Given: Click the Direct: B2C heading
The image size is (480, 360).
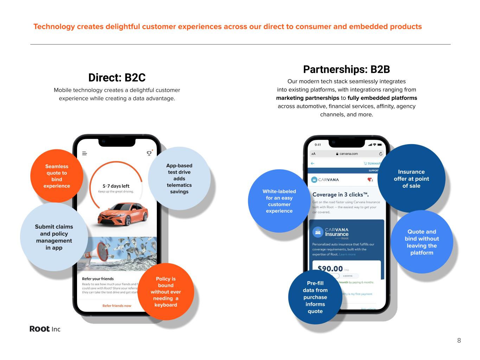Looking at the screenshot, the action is pyautogui.click(x=117, y=78).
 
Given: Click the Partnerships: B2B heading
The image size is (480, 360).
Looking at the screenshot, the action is pyautogui.click(x=346, y=69).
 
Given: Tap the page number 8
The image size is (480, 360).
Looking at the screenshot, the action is pyautogui.click(x=459, y=340).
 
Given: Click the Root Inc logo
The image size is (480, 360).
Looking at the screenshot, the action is pyautogui.click(x=45, y=329).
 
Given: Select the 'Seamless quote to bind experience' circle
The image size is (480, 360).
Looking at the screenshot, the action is pyautogui.click(x=57, y=176).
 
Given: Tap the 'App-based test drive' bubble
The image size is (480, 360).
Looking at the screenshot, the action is pyautogui.click(x=179, y=179).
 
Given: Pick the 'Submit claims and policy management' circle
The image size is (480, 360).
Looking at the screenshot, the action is pyautogui.click(x=54, y=237).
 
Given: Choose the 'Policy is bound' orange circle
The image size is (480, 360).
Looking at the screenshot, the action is pyautogui.click(x=166, y=291).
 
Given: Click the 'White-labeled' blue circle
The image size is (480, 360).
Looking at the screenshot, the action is pyautogui.click(x=279, y=201).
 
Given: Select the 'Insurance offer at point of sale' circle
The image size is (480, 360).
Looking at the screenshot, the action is pyautogui.click(x=411, y=179).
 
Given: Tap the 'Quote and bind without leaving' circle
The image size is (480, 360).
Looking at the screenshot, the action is pyautogui.click(x=422, y=242).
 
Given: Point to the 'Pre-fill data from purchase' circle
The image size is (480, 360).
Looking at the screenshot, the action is pyautogui.click(x=315, y=297).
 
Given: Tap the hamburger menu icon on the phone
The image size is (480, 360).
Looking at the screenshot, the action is pyautogui.click(x=84, y=153).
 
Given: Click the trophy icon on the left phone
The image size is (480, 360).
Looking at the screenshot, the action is pyautogui.click(x=149, y=153).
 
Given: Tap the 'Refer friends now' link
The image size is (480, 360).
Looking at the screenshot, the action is pyautogui.click(x=117, y=306).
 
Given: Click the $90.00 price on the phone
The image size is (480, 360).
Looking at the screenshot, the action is pyautogui.click(x=330, y=269).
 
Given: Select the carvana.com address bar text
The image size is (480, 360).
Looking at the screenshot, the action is pyautogui.click(x=348, y=154).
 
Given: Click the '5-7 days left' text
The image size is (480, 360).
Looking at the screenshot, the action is pyautogui.click(x=116, y=186).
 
